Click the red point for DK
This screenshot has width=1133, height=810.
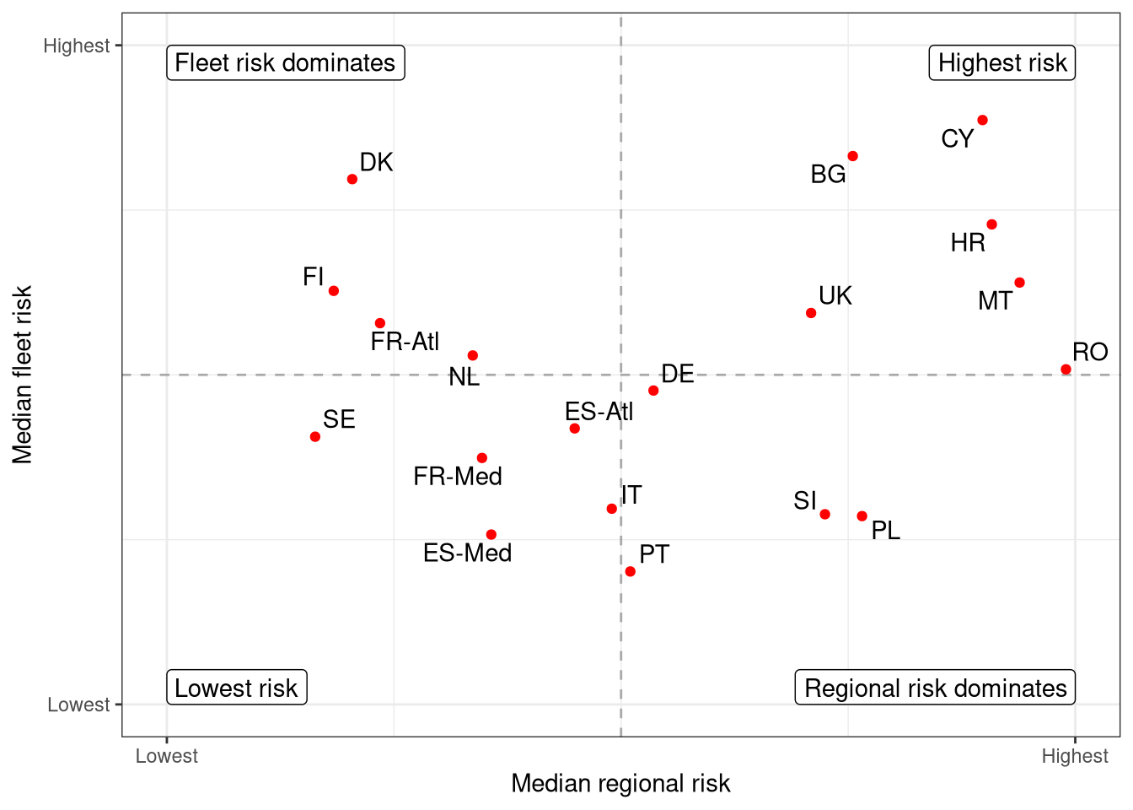point(352,179)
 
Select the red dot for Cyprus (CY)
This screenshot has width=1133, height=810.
point(982,120)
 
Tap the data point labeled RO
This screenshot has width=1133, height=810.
point(1066,369)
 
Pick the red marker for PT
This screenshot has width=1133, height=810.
point(630,571)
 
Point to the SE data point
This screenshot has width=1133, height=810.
point(315,436)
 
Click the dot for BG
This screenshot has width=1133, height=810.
point(852,156)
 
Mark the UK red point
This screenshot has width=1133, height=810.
point(811,313)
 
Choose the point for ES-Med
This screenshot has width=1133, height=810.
point(491,534)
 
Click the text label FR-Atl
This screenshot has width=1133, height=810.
point(405,342)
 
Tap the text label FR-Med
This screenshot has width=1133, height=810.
point(458,477)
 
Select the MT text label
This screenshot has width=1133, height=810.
point(995,301)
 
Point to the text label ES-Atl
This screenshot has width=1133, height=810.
point(599,412)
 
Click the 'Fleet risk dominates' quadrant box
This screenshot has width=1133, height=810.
point(285,63)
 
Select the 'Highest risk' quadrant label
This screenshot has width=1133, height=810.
point(1001,63)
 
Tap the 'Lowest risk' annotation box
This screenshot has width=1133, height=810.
point(236,688)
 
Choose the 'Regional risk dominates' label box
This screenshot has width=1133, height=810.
point(935,688)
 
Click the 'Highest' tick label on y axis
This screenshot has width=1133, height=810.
point(77,46)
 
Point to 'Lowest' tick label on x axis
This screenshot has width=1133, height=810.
point(167,756)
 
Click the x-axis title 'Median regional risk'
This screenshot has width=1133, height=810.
point(620,784)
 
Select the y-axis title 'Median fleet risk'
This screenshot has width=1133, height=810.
point(23,375)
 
